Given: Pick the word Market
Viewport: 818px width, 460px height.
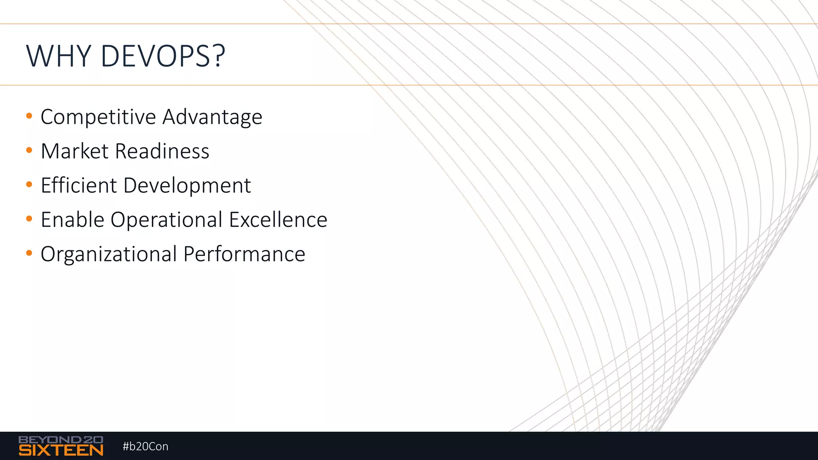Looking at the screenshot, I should (75, 151).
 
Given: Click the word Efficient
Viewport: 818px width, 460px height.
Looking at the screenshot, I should (79, 186).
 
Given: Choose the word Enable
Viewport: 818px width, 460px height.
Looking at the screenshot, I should (72, 220).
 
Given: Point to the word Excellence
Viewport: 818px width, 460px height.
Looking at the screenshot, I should (278, 220).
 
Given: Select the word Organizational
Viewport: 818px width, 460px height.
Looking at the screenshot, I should (109, 255).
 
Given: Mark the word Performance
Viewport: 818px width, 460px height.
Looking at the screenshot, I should (244, 254).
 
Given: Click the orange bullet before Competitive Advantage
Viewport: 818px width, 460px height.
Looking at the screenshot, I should (29, 116).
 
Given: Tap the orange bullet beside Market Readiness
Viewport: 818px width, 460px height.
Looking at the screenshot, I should (29, 151).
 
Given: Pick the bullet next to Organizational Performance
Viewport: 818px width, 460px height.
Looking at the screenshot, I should (29, 253).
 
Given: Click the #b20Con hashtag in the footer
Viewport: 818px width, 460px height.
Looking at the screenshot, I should (145, 446).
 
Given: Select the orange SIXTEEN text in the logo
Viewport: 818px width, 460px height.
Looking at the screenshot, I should (61, 450).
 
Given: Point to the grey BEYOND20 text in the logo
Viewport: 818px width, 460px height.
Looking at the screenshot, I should (61, 440).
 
